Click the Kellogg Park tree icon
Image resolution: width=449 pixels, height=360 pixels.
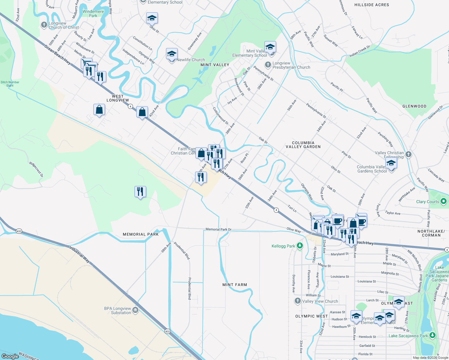click(x=300, y=246)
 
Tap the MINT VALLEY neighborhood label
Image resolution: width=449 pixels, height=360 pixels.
click(x=215, y=65)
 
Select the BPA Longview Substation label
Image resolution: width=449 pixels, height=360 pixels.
click(x=117, y=310)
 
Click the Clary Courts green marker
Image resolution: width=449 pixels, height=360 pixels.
click(x=444, y=201)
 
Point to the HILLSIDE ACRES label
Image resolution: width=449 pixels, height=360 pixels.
click(x=372, y=5)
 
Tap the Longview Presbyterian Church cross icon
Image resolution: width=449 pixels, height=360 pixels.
click(x=268, y=65)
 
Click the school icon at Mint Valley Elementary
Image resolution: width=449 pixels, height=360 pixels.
click(x=270, y=47)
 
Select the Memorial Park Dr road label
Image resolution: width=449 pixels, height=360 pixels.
click(x=218, y=229)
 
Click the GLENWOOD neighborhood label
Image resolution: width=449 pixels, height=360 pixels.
click(x=414, y=106)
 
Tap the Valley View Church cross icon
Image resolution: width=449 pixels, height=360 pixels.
click(x=297, y=301)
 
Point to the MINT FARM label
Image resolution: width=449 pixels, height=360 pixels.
click(x=235, y=285)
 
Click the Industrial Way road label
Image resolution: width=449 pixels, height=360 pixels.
click(x=80, y=254)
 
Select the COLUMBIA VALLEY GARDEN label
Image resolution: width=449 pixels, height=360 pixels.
click(x=303, y=145)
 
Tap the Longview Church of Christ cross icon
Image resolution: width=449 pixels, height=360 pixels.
click(x=44, y=25)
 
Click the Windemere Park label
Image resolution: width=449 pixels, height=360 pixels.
click(x=93, y=13)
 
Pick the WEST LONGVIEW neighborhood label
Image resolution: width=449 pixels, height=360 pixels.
click(x=118, y=98)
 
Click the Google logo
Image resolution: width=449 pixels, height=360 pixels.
click(x=10, y=356)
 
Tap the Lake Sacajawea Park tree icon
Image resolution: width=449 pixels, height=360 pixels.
click(x=432, y=335)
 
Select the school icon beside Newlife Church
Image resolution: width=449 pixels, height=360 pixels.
click(x=172, y=54)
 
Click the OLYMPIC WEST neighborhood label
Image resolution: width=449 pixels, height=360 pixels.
click(x=312, y=316)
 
